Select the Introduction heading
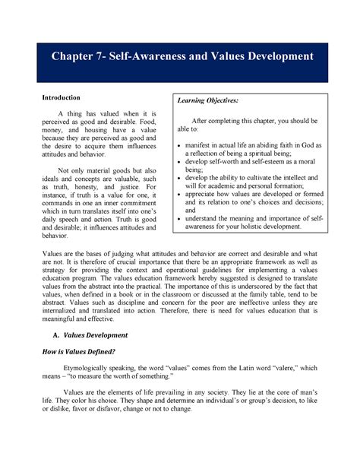62,98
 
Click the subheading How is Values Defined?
81,353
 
